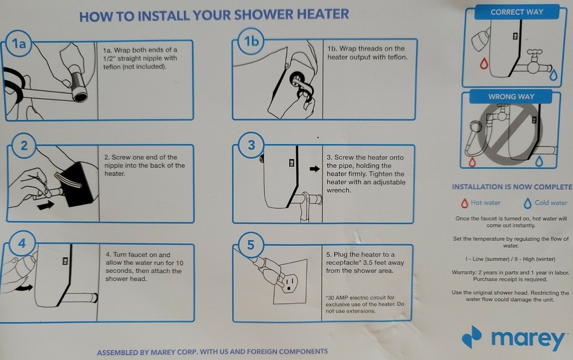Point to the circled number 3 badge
click(251, 145)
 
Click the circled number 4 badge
click(22, 244)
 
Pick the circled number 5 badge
click(250, 245)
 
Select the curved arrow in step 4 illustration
click(22, 287)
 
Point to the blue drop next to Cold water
click(527, 203)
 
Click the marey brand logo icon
click(472, 336)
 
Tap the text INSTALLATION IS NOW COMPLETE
click(511, 187)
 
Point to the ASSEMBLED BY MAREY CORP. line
click(212, 351)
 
